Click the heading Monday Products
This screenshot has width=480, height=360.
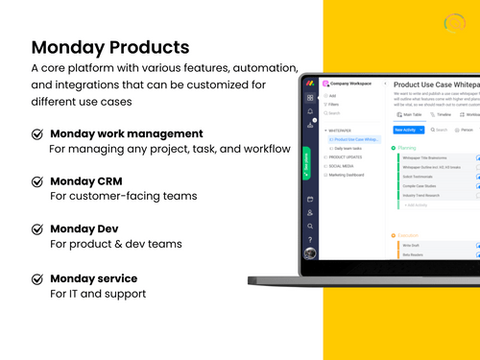tap(109, 47)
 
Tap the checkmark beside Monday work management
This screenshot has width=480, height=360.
tap(37, 134)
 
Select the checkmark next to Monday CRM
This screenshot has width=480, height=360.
tap(37, 181)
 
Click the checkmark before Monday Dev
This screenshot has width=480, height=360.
tap(37, 229)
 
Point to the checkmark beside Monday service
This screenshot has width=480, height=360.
tap(37, 278)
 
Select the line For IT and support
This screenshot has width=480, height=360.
tap(98, 293)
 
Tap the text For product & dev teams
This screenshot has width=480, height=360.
tap(115, 244)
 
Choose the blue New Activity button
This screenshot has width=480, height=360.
tap(407, 129)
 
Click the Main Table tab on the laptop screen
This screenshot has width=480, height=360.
tap(414, 113)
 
